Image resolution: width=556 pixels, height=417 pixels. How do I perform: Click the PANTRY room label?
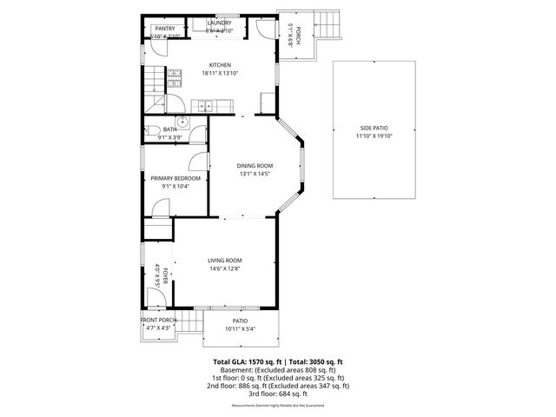(x=164, y=29)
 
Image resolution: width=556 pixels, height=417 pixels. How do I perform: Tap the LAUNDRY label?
(x=219, y=23)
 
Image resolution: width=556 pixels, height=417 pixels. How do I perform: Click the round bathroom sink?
(x=183, y=122)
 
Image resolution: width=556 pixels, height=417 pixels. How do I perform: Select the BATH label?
(x=169, y=129)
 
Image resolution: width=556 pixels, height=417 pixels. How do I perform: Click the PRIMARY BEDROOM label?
(x=175, y=178)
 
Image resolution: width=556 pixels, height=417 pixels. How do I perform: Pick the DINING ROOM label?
(x=255, y=165)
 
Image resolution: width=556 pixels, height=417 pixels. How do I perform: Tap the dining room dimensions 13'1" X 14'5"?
(x=255, y=174)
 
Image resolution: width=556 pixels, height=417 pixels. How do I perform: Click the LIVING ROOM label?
(x=224, y=261)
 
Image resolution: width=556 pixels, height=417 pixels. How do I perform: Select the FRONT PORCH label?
(x=159, y=320)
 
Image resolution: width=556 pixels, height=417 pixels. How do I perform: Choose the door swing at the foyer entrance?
(x=156, y=298)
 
